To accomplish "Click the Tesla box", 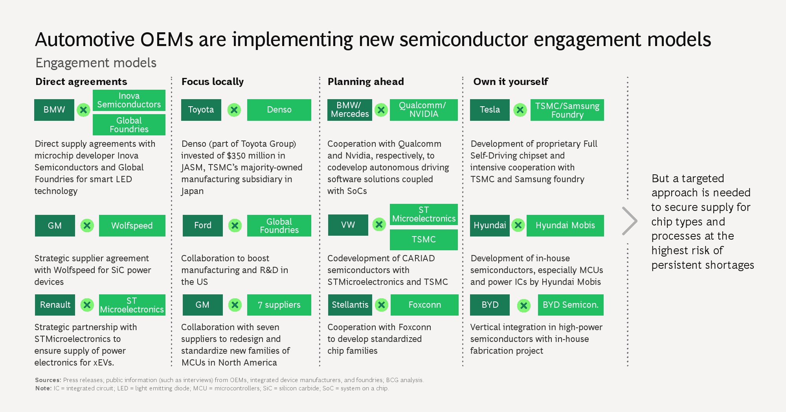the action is pos(490,110).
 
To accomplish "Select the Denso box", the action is pos(279,110).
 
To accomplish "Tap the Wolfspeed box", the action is pos(132,225).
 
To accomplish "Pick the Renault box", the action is pos(55,305).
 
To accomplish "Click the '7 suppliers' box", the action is pos(279,305).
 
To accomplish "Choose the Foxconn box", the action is pos(424,305).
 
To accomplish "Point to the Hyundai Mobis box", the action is pos(565,225).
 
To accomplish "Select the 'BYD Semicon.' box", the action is pos(571,305).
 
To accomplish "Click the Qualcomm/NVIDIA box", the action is pos(424,110).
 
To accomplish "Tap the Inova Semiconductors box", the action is pos(129,100).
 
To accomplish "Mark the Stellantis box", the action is pos(350,305).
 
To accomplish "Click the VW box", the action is pos(348,225).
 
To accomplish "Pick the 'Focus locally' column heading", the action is pos(213,81).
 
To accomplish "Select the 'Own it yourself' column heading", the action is pos(511,81).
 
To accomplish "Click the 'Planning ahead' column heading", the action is pos(366,81).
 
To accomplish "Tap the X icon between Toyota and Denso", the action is pos(234,110).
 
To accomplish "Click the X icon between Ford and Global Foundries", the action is pos(235,225).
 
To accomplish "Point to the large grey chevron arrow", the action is pos(630,221).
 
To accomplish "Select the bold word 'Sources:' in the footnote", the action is pos(48,380).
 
